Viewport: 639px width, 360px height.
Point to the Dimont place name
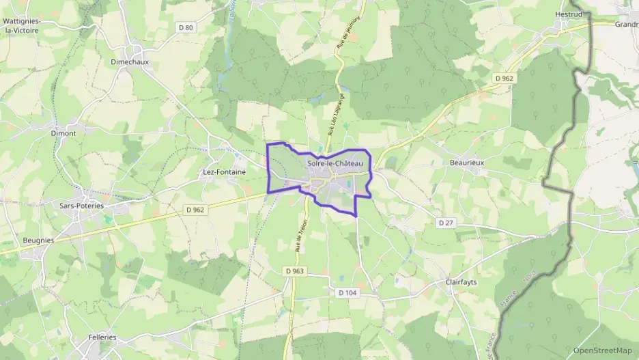click(x=63, y=133)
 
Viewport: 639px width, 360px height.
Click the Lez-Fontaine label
click(x=225, y=172)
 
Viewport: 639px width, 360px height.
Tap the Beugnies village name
click(x=38, y=240)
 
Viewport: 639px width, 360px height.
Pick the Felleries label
click(x=102, y=337)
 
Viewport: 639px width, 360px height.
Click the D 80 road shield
click(x=185, y=27)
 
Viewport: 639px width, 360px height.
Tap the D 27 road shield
click(x=446, y=223)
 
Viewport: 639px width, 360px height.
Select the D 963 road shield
click(x=294, y=271)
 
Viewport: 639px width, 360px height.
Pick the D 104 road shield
click(x=347, y=292)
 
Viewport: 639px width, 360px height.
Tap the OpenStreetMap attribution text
click(x=603, y=350)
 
